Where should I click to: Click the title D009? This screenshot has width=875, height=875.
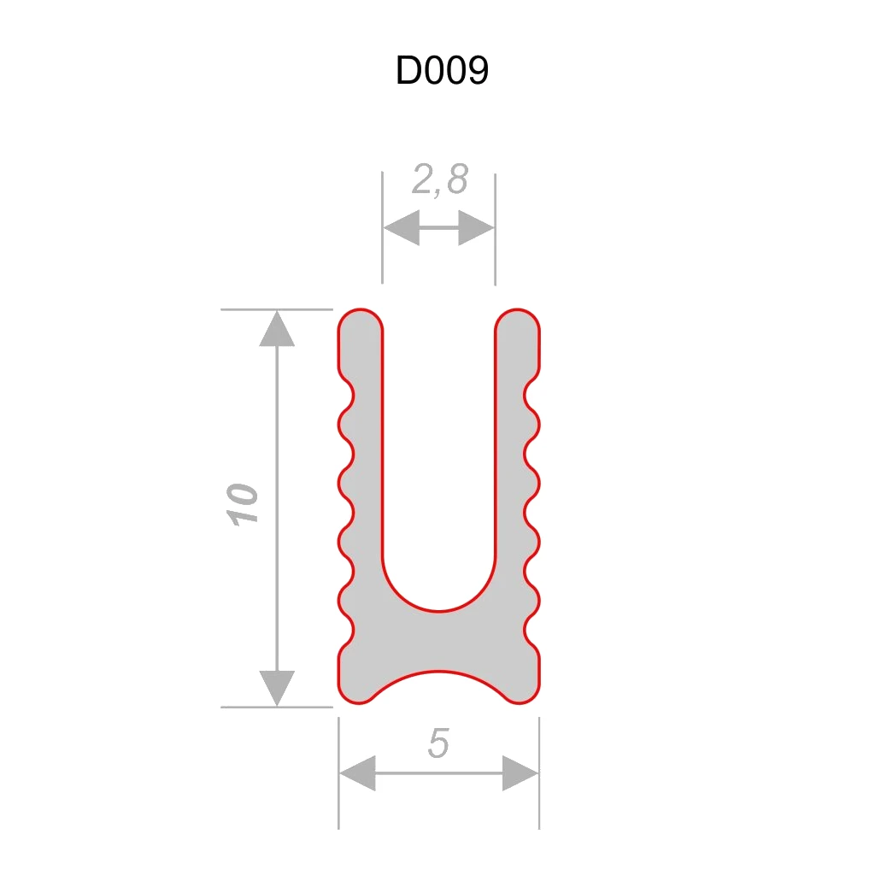click(x=442, y=72)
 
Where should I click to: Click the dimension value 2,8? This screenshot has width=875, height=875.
click(x=440, y=180)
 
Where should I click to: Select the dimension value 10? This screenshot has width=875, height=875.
click(x=243, y=504)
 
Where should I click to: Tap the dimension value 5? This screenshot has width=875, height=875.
click(x=438, y=744)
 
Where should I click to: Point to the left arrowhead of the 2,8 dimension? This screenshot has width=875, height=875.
click(x=401, y=229)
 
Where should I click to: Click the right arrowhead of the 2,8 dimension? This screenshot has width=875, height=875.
click(x=477, y=229)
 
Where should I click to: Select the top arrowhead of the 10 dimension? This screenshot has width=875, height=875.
click(x=276, y=329)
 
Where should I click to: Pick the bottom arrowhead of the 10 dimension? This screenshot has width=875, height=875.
click(x=276, y=688)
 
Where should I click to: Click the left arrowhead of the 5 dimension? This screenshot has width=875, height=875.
click(x=357, y=773)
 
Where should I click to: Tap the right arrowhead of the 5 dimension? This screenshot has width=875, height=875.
click(x=520, y=773)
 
